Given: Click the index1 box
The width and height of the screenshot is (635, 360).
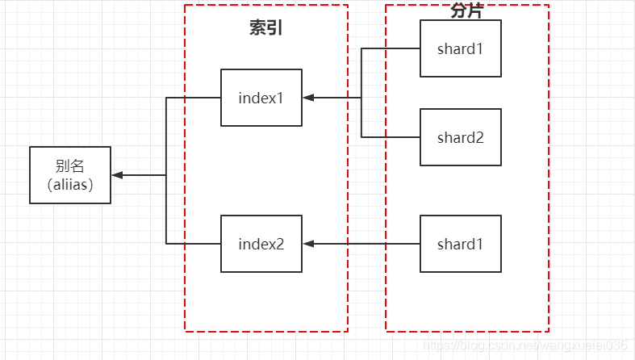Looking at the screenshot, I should [x=261, y=98].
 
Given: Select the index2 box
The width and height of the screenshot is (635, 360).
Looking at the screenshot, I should [x=261, y=244].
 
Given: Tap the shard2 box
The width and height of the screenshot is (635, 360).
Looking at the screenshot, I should [x=461, y=137].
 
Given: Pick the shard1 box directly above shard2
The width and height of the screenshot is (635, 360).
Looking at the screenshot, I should [x=461, y=48].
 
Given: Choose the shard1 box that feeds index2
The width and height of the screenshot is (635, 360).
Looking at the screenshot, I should [x=461, y=244].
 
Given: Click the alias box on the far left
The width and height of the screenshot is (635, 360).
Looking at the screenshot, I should [x=70, y=175].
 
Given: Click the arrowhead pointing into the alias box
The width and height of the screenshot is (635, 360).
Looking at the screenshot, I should [x=117, y=175].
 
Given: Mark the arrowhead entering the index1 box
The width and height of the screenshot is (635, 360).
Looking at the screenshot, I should [x=308, y=98].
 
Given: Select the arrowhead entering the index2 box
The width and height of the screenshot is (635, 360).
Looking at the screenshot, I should [x=308, y=244].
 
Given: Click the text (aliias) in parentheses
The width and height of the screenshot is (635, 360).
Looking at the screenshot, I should [x=70, y=185].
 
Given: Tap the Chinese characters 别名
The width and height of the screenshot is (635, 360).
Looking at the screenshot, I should [x=70, y=166].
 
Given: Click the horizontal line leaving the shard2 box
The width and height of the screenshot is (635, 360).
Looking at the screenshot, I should [x=391, y=137].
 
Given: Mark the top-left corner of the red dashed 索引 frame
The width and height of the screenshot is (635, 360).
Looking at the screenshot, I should [x=185, y=5].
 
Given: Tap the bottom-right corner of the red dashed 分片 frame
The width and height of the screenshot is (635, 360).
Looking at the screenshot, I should [x=549, y=331].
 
